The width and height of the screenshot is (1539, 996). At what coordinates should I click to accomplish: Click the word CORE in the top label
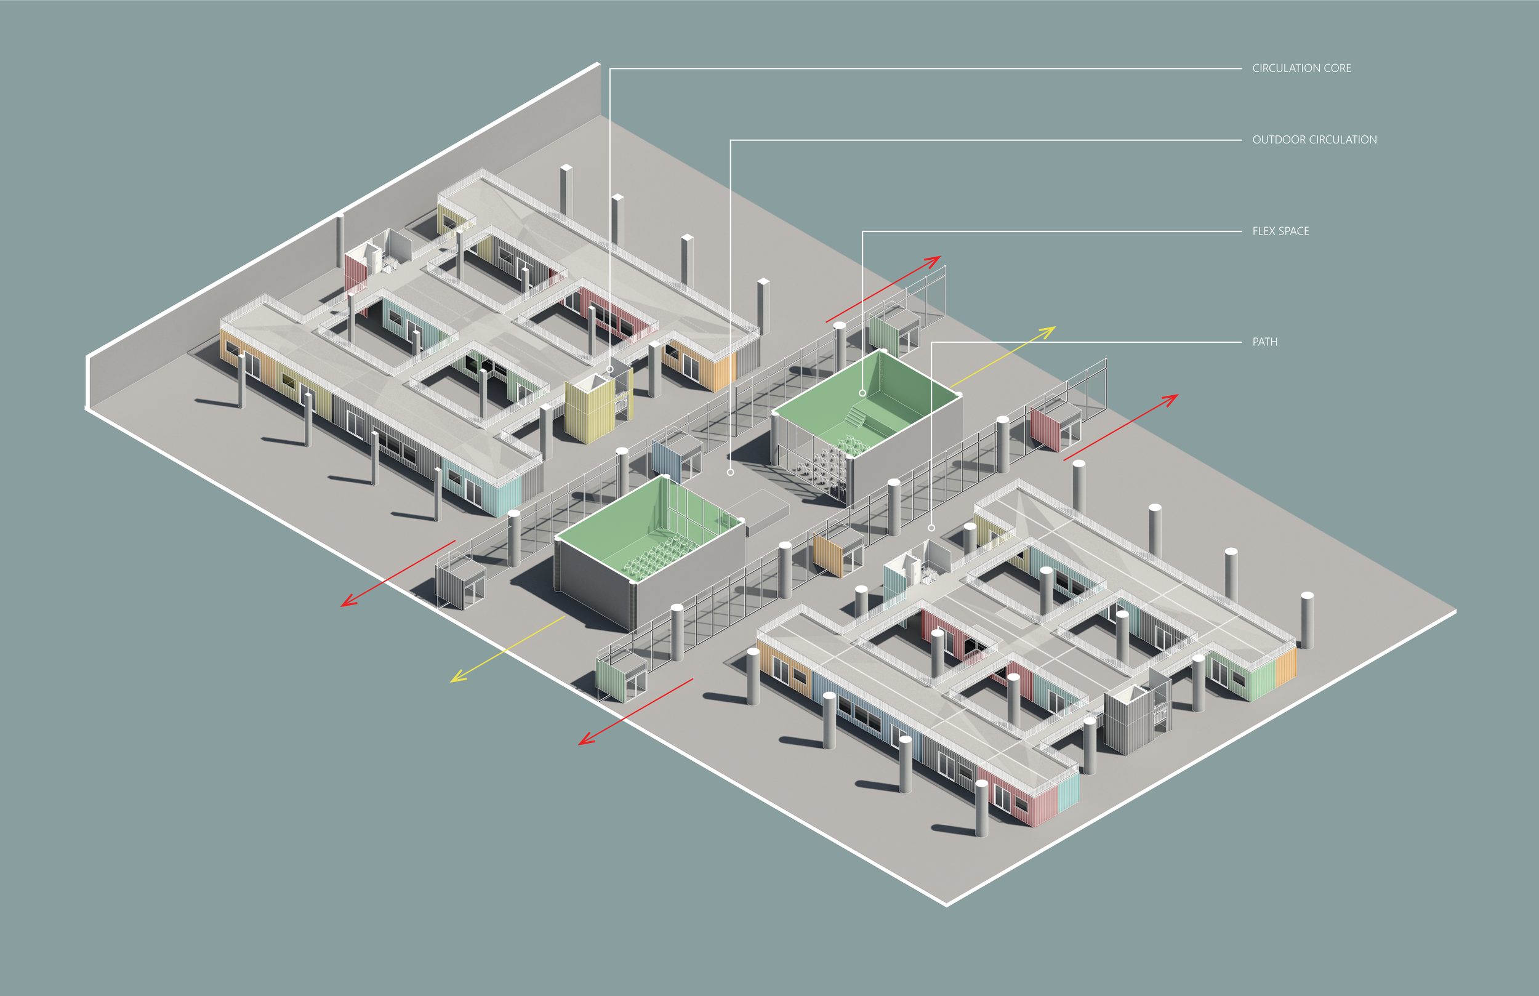[1336, 68]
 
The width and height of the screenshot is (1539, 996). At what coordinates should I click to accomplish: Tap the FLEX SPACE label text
[1280, 231]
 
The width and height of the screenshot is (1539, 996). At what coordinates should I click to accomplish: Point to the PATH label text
[1265, 342]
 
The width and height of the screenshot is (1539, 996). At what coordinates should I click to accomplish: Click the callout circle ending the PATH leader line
[931, 528]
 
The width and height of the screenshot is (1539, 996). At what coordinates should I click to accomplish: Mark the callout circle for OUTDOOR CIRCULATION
[731, 472]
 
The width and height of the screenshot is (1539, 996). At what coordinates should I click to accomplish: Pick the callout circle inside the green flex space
[862, 393]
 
